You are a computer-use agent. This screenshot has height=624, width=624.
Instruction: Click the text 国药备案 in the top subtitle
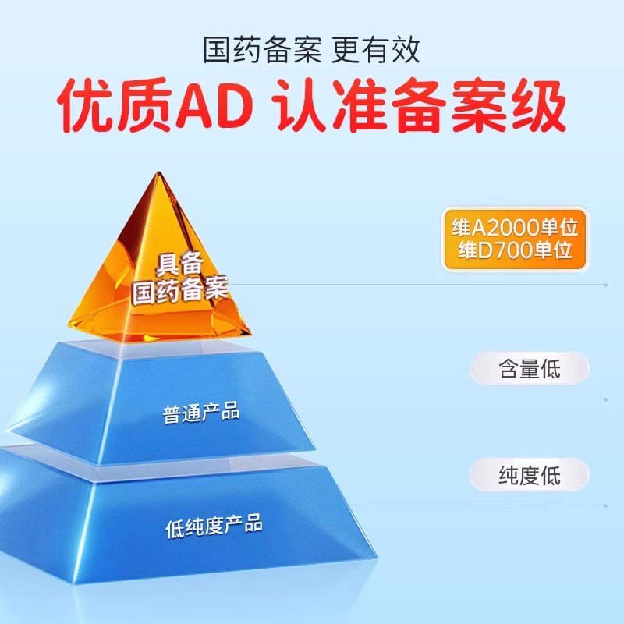(262, 50)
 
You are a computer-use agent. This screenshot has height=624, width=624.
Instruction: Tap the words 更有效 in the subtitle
(375, 50)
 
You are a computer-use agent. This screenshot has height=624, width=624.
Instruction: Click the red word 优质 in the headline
(115, 105)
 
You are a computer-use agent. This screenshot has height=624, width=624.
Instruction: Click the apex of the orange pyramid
(160, 172)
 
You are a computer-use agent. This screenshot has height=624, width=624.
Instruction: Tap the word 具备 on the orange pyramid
(179, 263)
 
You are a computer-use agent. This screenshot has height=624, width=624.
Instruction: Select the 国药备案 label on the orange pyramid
(180, 289)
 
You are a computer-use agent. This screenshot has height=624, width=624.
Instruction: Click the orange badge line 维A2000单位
(514, 228)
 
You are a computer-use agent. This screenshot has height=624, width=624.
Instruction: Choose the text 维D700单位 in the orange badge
(515, 250)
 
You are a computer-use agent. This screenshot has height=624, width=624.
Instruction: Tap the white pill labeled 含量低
(529, 368)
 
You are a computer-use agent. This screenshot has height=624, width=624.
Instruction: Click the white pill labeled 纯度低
(529, 475)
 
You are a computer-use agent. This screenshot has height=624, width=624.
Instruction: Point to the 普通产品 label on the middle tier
(201, 413)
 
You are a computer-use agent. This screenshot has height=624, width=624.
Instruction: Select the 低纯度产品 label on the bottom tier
(214, 525)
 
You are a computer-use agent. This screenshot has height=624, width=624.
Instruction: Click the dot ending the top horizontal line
(605, 285)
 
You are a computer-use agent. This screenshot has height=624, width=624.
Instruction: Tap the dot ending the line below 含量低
(605, 399)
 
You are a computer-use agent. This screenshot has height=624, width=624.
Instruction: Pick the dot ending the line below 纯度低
(605, 505)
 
